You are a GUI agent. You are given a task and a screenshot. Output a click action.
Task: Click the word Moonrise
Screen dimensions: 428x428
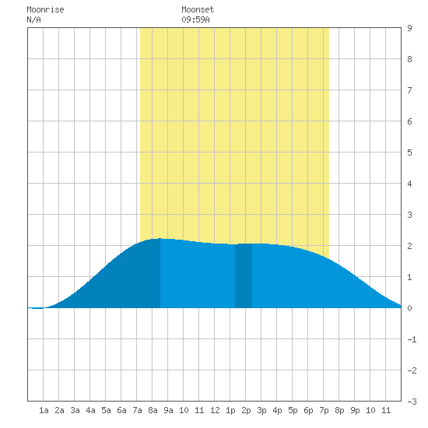(x=45, y=9)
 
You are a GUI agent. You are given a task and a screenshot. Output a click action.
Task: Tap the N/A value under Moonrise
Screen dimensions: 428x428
(x=33, y=19)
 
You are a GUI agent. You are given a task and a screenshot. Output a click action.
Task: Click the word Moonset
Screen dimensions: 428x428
(x=198, y=9)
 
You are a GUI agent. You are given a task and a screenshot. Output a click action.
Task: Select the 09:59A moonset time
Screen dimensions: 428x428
(x=195, y=19)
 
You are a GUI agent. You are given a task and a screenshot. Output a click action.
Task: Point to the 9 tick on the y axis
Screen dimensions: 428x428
(x=409, y=28)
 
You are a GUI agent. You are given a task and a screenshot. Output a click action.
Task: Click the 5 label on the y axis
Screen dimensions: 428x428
(x=409, y=153)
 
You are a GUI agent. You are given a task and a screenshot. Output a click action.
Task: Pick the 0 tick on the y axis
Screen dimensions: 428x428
(x=409, y=308)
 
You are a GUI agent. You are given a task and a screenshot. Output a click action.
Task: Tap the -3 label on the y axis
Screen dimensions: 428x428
(x=412, y=402)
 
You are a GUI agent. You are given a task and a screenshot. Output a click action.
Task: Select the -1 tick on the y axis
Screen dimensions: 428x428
(x=412, y=339)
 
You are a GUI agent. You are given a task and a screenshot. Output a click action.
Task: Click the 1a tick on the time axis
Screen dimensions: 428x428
(x=44, y=410)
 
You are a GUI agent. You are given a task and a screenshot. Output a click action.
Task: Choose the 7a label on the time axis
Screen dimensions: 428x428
(x=137, y=410)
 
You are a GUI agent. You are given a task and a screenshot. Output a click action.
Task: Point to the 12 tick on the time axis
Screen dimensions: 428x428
(x=215, y=410)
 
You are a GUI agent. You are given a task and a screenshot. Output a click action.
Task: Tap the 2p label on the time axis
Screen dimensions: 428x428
(x=246, y=410)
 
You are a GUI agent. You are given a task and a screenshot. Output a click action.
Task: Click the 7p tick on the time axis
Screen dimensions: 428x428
(x=324, y=410)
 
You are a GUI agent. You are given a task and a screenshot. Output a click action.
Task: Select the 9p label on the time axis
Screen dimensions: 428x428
(x=355, y=410)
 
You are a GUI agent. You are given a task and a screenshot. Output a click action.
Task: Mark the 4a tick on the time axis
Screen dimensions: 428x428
(x=90, y=410)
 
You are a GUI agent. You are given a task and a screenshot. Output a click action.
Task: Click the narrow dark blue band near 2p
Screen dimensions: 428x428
(x=244, y=275)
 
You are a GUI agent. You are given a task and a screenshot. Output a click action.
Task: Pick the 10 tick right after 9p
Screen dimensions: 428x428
(x=370, y=410)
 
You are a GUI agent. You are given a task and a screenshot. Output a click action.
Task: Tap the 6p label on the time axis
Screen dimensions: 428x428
(x=308, y=410)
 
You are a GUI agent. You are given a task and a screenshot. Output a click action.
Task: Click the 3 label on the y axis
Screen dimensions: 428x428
(x=409, y=215)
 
